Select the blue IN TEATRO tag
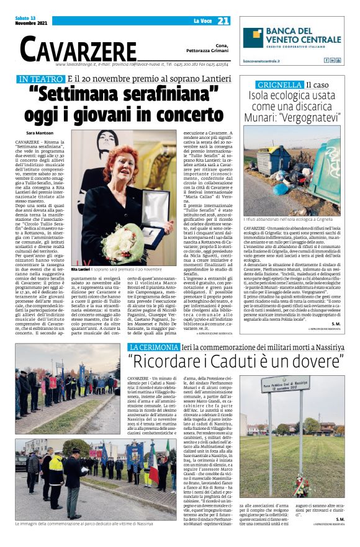(40, 79)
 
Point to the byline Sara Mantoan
(40, 133)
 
